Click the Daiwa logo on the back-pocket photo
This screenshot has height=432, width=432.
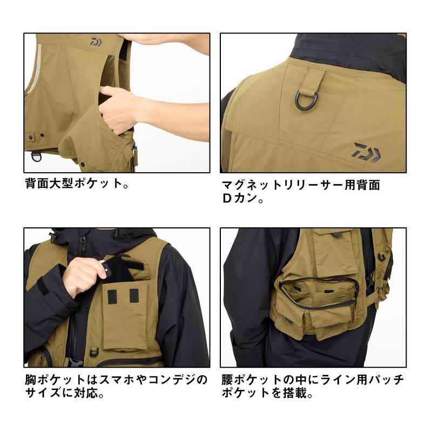[x=96, y=42]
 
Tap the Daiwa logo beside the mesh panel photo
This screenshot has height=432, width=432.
[x=367, y=152]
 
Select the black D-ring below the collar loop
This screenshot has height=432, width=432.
[x=307, y=100]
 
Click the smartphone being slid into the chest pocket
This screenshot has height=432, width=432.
[x=119, y=270]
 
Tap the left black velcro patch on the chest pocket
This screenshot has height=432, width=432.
[x=112, y=296]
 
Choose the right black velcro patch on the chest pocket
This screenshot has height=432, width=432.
[x=134, y=295]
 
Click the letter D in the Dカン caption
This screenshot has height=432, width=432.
[x=227, y=198]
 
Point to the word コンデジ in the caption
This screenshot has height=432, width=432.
[x=173, y=380]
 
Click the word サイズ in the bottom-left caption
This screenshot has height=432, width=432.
[x=43, y=393]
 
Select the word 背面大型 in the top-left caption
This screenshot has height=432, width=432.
[x=49, y=183]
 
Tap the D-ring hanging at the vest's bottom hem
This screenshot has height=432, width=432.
[x=36, y=157]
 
